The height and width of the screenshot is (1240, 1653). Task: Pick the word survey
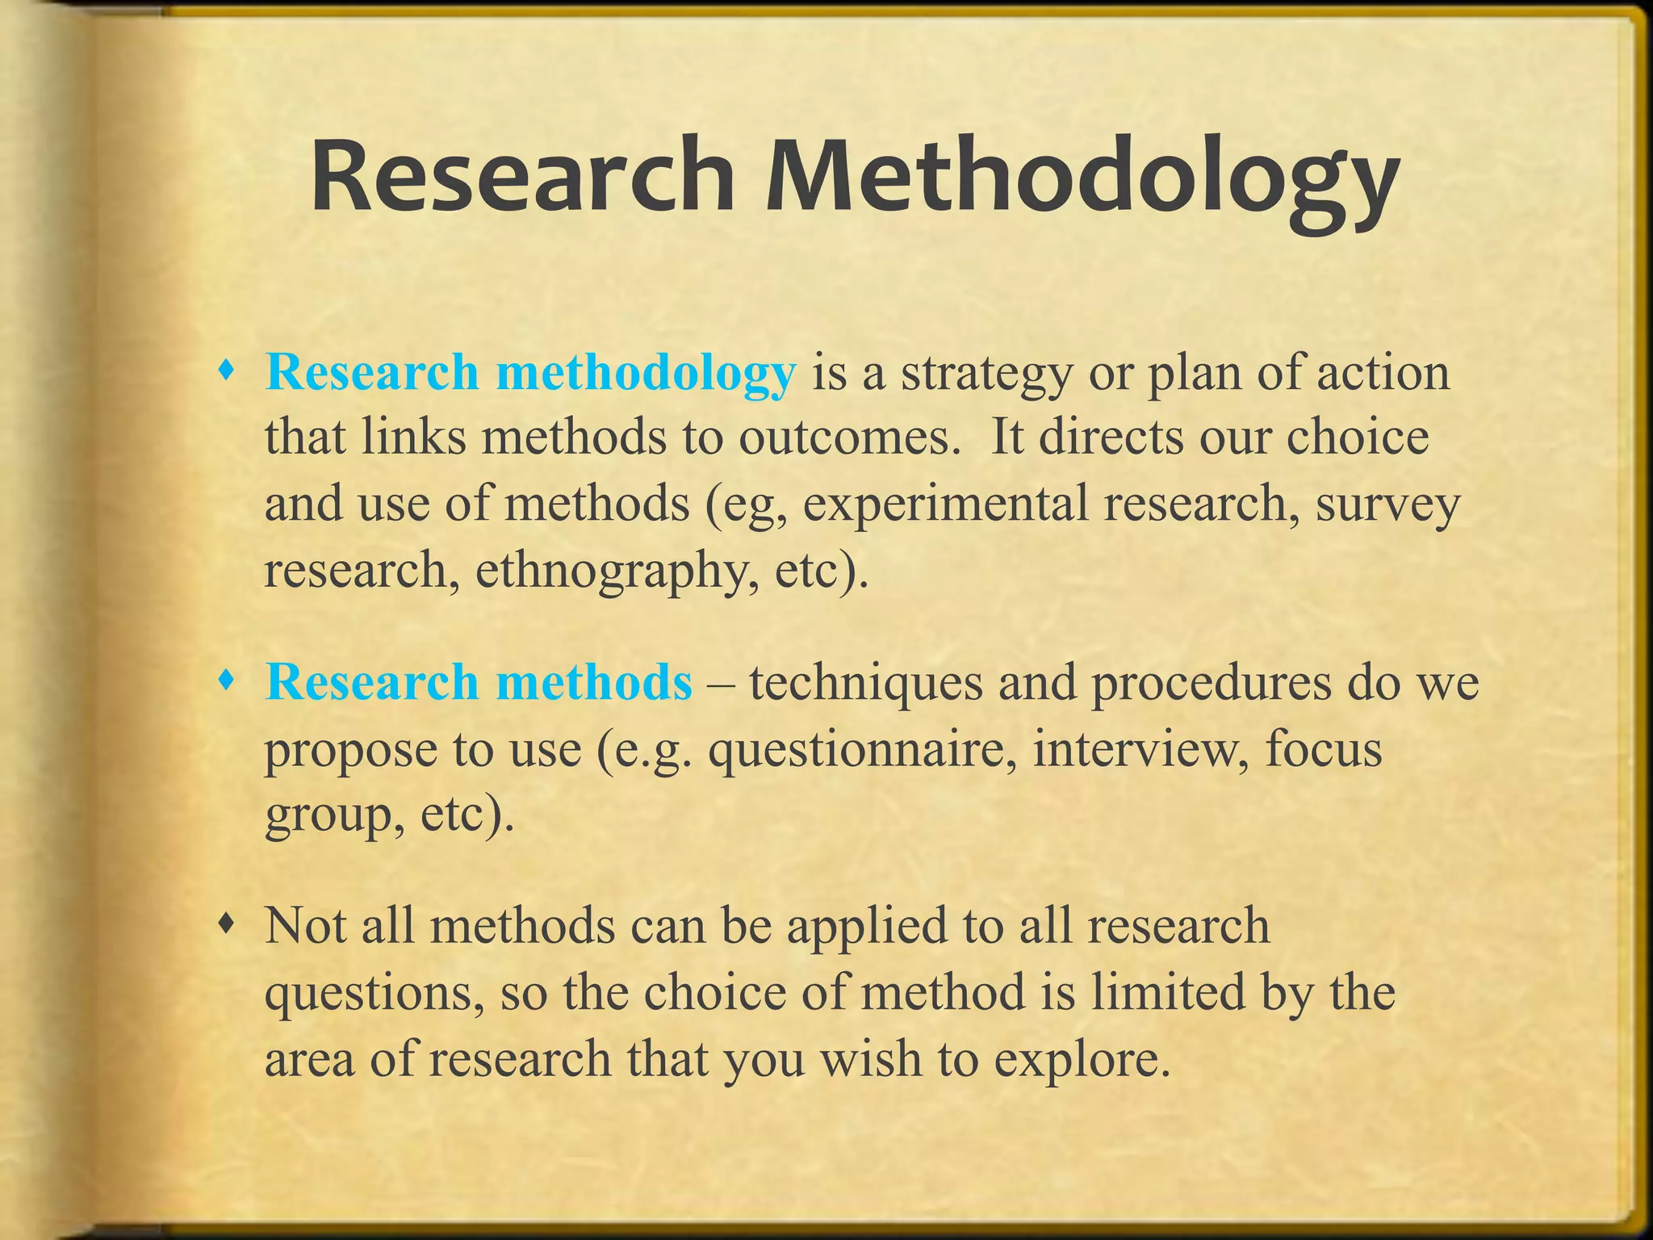[x=1387, y=505]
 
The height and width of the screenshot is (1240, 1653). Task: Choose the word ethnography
[x=617, y=571]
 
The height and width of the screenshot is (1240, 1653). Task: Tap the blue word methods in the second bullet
[x=594, y=682]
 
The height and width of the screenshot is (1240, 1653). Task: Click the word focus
[x=1324, y=748]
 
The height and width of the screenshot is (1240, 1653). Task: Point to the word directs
[x=1111, y=438]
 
